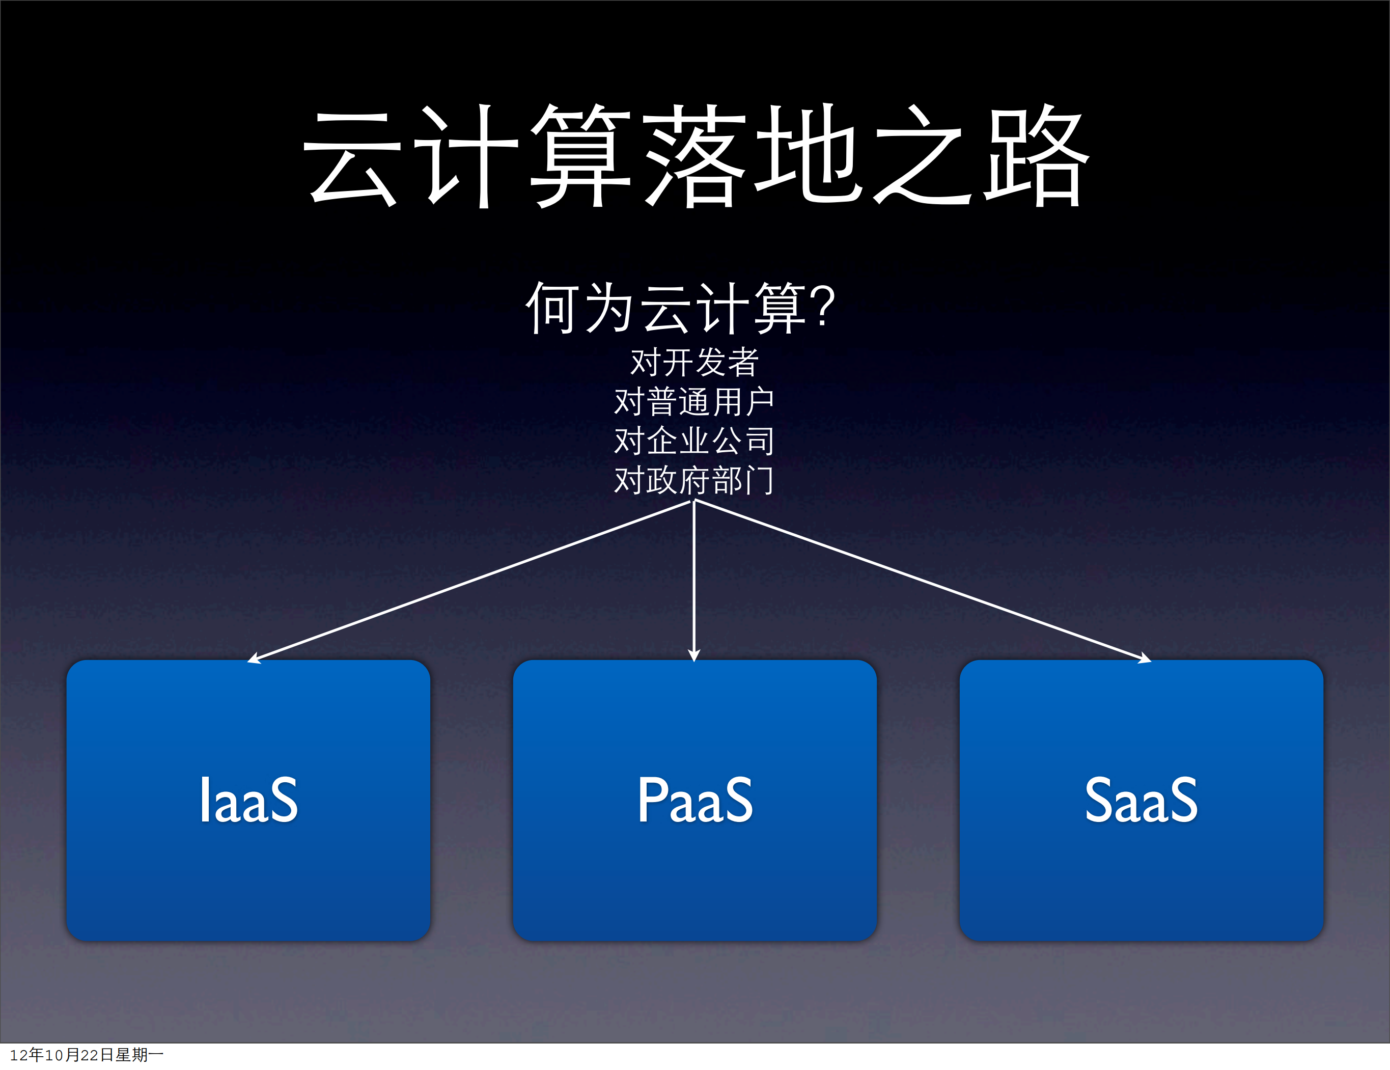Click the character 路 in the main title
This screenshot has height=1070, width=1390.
point(1036,157)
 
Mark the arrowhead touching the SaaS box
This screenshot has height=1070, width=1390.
point(1145,659)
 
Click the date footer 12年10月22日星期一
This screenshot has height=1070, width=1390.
point(87,1055)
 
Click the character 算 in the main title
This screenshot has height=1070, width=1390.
point(580,157)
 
